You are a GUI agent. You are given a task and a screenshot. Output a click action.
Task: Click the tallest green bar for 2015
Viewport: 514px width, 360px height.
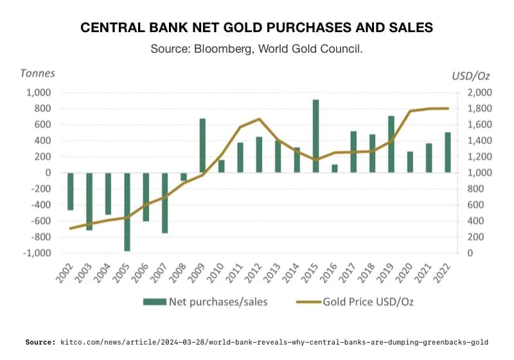(x=315, y=136)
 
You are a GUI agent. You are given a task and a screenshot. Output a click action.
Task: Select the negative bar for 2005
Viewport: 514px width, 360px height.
(x=127, y=212)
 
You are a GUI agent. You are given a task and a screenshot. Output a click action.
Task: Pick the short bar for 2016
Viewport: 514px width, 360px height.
(x=334, y=168)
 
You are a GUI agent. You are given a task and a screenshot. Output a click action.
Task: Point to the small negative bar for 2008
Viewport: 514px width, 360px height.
(x=184, y=177)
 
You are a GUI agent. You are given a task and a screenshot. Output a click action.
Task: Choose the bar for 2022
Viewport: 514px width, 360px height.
(x=448, y=152)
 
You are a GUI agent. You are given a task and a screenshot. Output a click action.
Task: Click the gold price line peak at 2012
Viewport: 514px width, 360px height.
(x=258, y=119)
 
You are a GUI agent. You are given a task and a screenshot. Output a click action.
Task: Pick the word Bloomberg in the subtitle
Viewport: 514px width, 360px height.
(x=221, y=49)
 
